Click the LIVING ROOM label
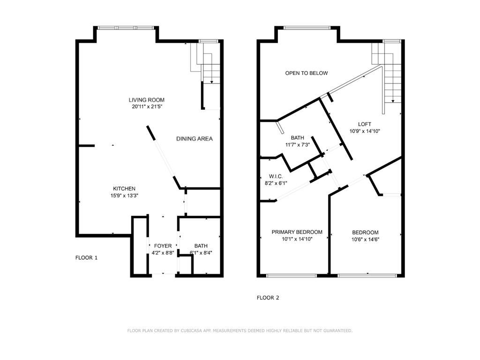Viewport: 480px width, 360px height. [147, 100]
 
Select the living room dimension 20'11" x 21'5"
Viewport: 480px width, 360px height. [147, 106]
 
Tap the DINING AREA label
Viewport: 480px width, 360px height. [195, 139]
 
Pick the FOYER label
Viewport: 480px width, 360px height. [163, 246]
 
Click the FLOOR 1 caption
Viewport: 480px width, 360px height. [87, 257]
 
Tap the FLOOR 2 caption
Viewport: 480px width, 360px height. [268, 298]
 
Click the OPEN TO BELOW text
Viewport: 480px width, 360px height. [307, 73]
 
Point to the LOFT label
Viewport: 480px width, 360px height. [364, 124]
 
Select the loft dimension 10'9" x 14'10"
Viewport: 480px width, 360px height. [364, 131]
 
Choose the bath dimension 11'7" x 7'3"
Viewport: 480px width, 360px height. [297, 144]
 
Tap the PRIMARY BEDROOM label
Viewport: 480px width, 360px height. [297, 232]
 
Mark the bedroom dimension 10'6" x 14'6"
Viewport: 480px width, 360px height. [365, 239]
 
